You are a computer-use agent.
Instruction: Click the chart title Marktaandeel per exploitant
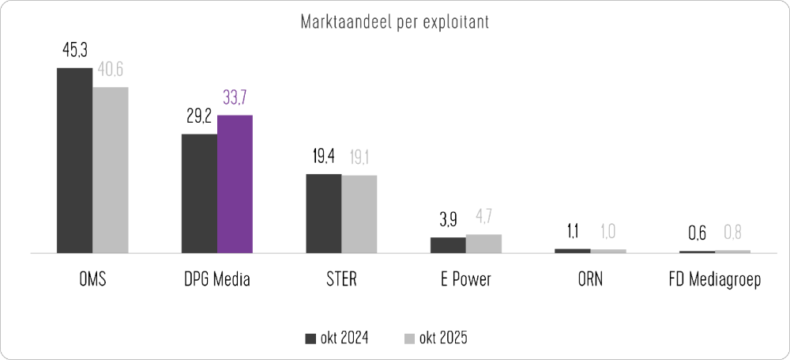394,21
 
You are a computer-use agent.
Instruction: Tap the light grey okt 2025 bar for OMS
110,170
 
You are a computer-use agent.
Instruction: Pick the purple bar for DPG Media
235,184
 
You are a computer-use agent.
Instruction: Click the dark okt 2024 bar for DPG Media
199,194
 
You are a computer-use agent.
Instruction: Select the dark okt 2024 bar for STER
324,214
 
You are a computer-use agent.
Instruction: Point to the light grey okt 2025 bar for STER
359,214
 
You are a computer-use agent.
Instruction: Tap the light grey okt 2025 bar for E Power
483,244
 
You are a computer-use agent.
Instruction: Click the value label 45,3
74,51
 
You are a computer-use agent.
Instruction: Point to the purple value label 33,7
235,98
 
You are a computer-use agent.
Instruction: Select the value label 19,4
324,157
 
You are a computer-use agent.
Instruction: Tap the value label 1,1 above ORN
572,232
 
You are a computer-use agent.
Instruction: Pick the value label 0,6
697,234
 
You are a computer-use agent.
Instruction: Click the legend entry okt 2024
337,339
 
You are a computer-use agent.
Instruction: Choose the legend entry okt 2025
434,339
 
